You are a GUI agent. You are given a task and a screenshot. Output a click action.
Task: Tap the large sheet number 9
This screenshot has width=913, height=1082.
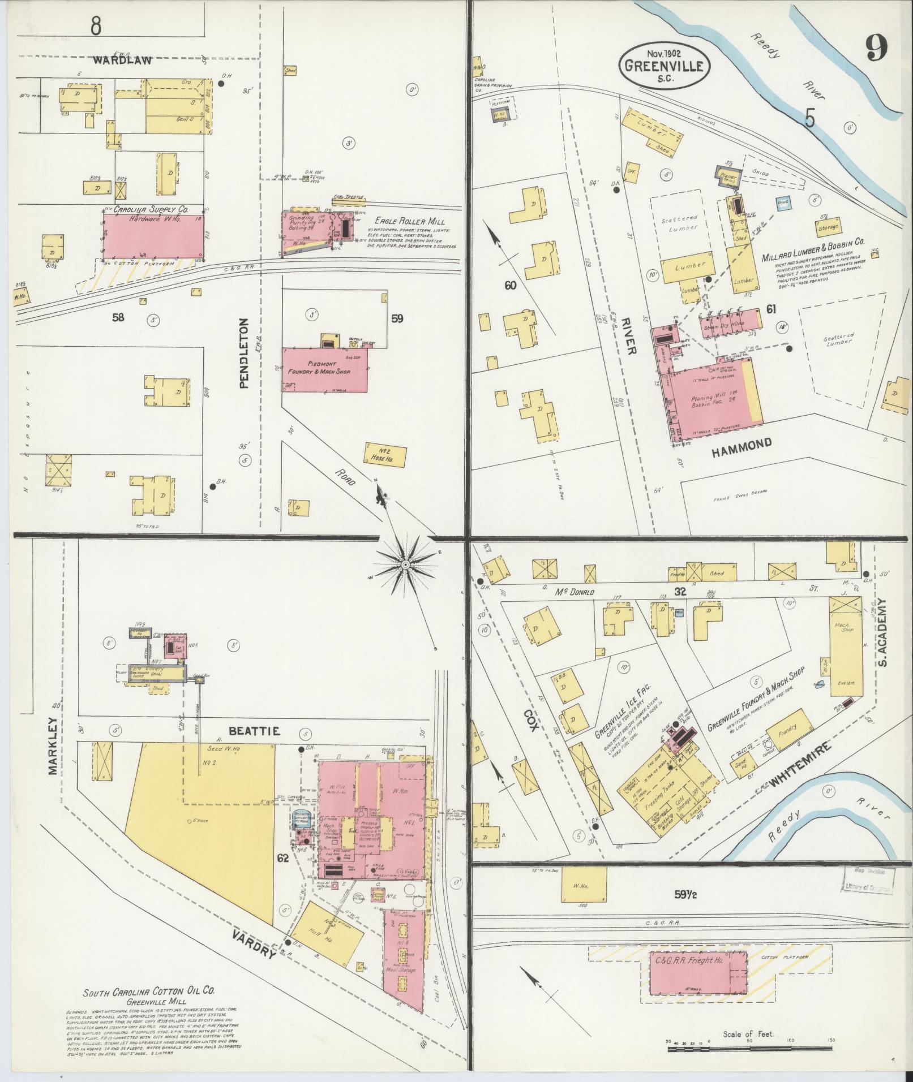(x=875, y=49)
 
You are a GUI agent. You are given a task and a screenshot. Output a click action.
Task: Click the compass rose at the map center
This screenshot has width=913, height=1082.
(x=405, y=565)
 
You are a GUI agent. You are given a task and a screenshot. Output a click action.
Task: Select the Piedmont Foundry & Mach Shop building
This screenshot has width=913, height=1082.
(x=324, y=369)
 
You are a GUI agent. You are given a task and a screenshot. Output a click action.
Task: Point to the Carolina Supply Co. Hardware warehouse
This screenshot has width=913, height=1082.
(x=153, y=236)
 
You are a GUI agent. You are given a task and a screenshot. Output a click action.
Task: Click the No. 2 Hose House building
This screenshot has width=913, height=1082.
(x=386, y=455)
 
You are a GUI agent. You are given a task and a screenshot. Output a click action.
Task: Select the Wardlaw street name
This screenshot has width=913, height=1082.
(x=122, y=60)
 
